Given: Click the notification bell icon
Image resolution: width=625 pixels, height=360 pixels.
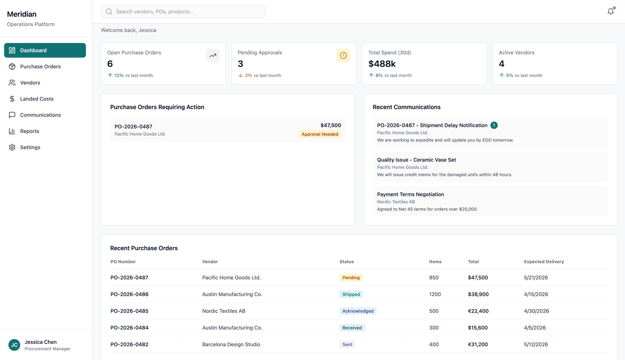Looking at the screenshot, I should pyautogui.click(x=610, y=12).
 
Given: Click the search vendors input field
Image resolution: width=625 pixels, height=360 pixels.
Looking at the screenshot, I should pyautogui.click(x=183, y=12).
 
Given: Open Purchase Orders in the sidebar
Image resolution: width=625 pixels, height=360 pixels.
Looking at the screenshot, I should pyautogui.click(x=40, y=66).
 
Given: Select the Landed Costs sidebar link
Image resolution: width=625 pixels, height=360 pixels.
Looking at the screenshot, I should pyautogui.click(x=37, y=99).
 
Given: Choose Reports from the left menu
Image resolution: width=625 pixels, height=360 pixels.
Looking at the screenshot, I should pyautogui.click(x=30, y=131).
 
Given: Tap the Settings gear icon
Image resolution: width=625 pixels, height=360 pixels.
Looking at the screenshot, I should pyautogui.click(x=12, y=147).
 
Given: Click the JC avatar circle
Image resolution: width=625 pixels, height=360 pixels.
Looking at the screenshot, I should pyautogui.click(x=14, y=345).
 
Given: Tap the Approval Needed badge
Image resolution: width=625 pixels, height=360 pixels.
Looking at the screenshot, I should pyautogui.click(x=319, y=134).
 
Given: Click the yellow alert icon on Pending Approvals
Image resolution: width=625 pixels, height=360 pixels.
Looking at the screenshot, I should pyautogui.click(x=343, y=56).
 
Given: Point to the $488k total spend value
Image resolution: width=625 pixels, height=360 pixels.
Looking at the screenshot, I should pyautogui.click(x=382, y=64).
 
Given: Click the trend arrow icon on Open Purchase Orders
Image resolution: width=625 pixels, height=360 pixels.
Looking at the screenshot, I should pyautogui.click(x=213, y=56).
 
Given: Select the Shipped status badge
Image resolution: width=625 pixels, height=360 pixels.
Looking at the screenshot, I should pyautogui.click(x=351, y=294).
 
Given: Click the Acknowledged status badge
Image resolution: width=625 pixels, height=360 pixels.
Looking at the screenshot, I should pyautogui.click(x=358, y=311).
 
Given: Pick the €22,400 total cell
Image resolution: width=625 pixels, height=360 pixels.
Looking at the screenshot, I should pyautogui.click(x=478, y=311).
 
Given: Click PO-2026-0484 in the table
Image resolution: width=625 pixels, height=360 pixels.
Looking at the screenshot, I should pyautogui.click(x=129, y=328).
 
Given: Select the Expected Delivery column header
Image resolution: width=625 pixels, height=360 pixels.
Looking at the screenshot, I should pyautogui.click(x=544, y=262).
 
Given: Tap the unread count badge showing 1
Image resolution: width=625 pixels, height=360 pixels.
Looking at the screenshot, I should pyautogui.click(x=494, y=126).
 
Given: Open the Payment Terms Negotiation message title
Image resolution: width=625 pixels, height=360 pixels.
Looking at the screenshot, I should pyautogui.click(x=410, y=195).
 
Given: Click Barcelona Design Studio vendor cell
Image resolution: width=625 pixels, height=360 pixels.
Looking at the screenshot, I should pyautogui.click(x=231, y=344).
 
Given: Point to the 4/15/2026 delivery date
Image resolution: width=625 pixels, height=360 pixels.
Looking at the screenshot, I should pyautogui.click(x=536, y=294).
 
